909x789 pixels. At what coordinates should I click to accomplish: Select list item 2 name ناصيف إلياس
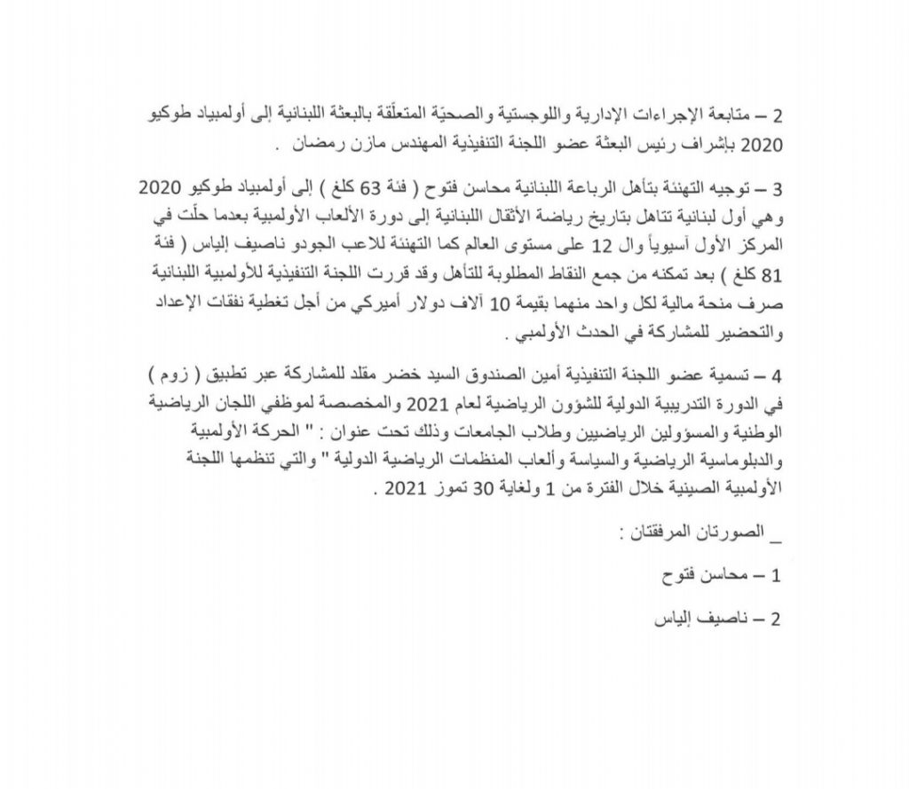687,619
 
